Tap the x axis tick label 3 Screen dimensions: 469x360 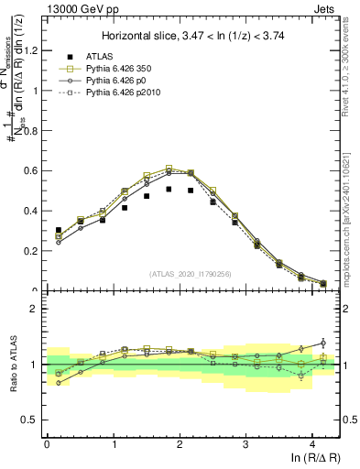pyautogui.click(x=245, y=443)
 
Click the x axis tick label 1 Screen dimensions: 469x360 pyautogui.click(x=113, y=443)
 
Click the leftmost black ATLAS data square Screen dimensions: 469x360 pyautogui.click(x=59, y=231)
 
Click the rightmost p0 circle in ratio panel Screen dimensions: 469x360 pyautogui.click(x=322, y=343)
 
